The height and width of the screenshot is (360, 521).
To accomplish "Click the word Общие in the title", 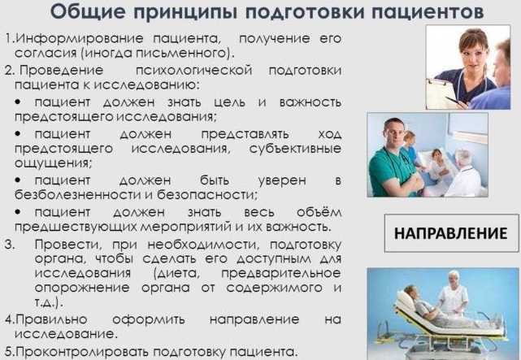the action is coord(88,12).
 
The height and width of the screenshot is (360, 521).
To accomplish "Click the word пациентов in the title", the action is coord(428,13).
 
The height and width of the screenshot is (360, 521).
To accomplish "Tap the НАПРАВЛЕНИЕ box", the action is coord(451,233).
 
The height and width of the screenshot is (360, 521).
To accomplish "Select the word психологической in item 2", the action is coord(193,71).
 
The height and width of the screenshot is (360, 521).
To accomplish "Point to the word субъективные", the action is coord(295,149).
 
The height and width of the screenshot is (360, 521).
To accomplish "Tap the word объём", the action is coord(319,211).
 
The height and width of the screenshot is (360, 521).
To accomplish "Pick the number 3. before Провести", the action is coord(10,245).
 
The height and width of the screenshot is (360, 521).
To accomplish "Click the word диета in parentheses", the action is coord(177,273).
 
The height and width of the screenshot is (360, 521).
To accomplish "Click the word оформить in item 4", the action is coord(149,319).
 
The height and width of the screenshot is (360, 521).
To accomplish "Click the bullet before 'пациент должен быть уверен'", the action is coord(18,180).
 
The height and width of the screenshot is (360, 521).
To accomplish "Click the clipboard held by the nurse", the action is coord(440,93).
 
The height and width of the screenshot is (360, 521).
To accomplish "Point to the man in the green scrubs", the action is coord(395,158).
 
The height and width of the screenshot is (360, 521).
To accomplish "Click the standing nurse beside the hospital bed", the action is coord(453,293).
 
